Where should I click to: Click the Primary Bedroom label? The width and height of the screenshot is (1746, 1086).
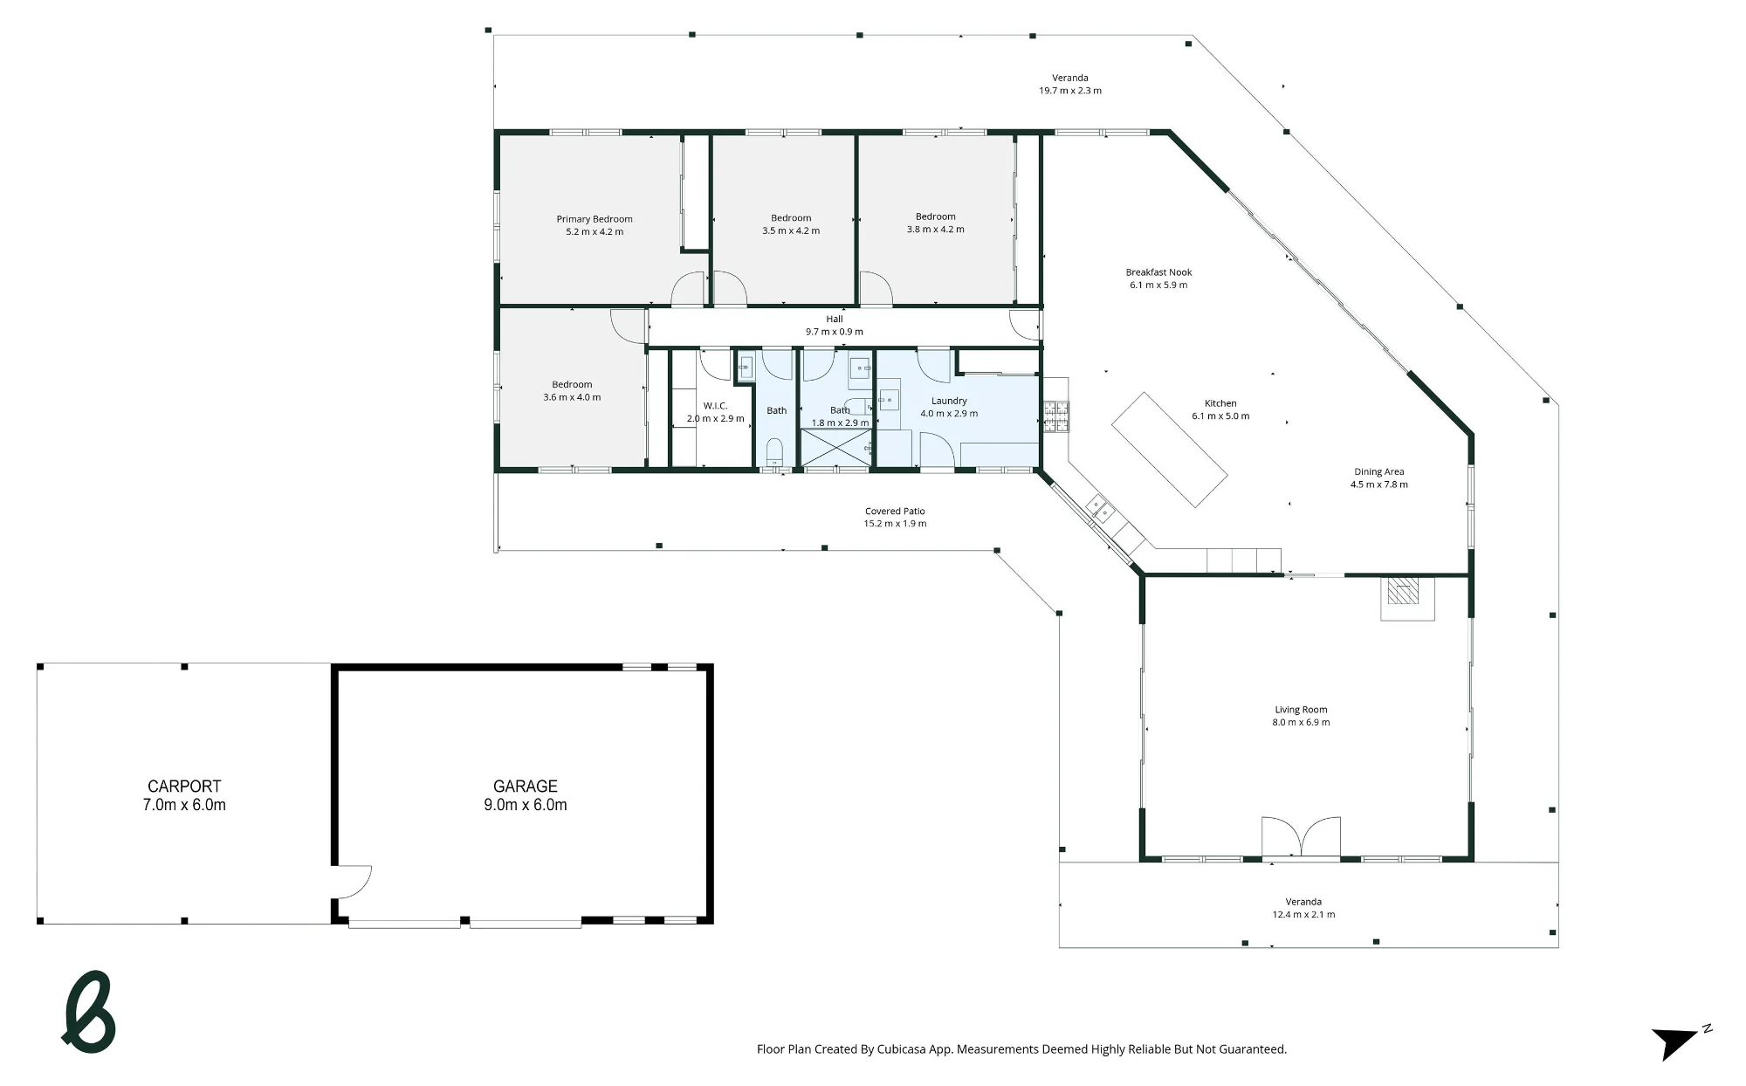point(595,219)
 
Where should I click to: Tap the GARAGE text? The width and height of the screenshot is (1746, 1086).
point(526,787)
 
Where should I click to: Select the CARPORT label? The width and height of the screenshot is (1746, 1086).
point(184,787)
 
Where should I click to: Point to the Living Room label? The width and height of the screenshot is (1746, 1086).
point(1301,710)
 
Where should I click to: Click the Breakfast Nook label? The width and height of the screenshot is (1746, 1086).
point(1158,272)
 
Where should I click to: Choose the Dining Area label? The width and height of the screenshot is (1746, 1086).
point(1379,472)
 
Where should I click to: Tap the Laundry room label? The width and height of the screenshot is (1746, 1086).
point(949,402)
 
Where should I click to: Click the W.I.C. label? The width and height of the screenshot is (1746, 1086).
point(715,406)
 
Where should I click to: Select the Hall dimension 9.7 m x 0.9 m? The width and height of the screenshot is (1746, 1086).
point(835,332)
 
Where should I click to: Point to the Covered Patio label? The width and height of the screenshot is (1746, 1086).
point(895,512)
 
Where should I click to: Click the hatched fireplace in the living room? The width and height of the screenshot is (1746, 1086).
point(1405,592)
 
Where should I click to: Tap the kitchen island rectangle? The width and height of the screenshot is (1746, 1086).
point(1170,450)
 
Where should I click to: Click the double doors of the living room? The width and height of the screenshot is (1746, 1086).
point(1301,837)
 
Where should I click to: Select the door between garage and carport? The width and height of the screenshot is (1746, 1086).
point(352,882)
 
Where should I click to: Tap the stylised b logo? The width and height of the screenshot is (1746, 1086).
point(89,1013)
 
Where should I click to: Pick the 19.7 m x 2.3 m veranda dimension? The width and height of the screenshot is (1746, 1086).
point(1070,91)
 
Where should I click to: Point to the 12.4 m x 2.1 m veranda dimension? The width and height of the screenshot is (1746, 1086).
point(1303,915)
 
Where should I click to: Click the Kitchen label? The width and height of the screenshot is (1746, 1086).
point(1220,403)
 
